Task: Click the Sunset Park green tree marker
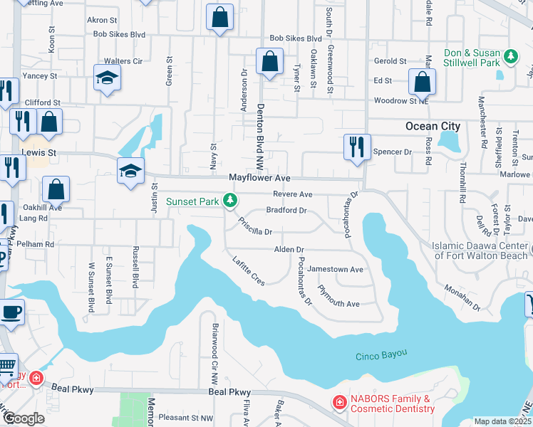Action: click(x=229, y=201)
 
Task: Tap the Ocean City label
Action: click(x=433, y=126)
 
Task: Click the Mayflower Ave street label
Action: click(x=259, y=178)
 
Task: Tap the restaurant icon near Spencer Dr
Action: click(x=354, y=147)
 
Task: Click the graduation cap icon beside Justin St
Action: click(x=131, y=171)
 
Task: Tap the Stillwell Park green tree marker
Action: click(x=510, y=56)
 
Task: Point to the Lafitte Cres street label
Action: click(x=249, y=271)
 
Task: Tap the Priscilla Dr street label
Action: click(x=255, y=226)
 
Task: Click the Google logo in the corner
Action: click(x=24, y=418)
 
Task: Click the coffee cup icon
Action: click(x=11, y=312)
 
